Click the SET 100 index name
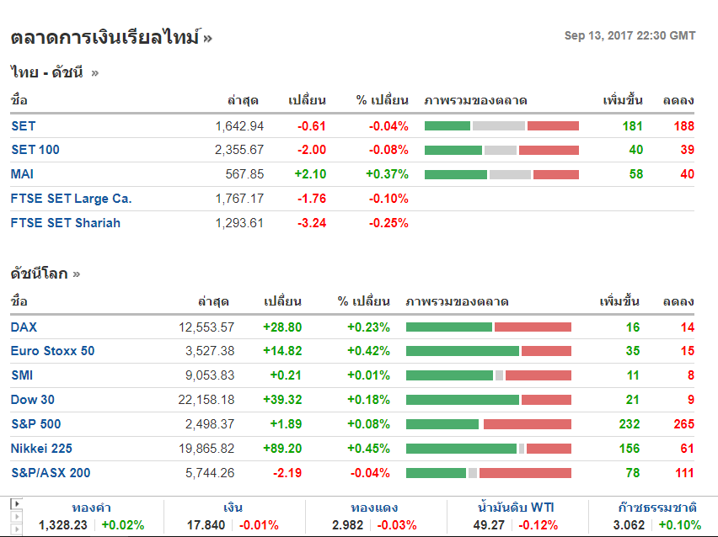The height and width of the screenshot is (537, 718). click(35, 150)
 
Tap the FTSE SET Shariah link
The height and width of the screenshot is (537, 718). click(66, 223)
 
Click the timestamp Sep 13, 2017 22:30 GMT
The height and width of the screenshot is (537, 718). click(630, 35)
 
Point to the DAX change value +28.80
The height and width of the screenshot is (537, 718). click(281, 327)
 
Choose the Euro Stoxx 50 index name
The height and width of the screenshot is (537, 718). click(52, 351)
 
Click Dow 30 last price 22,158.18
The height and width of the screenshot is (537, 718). click(206, 400)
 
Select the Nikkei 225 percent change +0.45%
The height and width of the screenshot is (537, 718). click(368, 449)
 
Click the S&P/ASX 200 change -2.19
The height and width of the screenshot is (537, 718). click(287, 473)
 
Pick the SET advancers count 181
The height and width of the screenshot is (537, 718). click(632, 126)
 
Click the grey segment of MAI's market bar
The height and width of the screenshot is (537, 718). click(510, 174)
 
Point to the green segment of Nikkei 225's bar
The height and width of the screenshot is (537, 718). click(461, 449)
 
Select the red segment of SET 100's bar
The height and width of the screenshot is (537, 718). click(549, 150)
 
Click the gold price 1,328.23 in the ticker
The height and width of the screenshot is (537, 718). click(63, 525)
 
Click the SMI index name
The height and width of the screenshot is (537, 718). click(22, 375)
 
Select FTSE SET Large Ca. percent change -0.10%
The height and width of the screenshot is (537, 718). click(388, 199)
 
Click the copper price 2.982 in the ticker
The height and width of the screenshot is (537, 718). click(349, 525)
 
